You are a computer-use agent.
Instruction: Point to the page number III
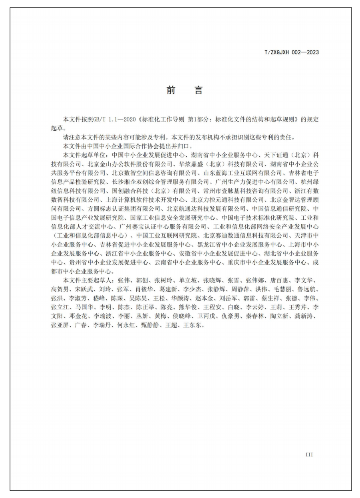pos(309,455)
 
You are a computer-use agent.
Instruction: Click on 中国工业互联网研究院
pos(167,235)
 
